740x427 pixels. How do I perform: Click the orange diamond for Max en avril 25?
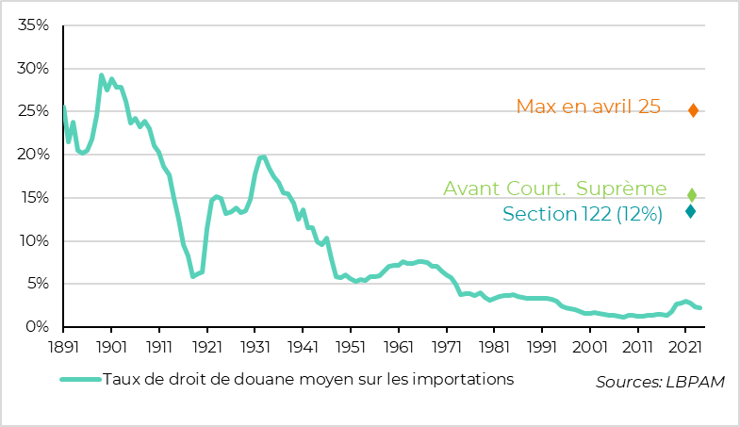click(x=693, y=110)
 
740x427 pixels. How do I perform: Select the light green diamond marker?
click(x=692, y=194)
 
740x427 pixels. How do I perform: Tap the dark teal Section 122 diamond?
click(x=691, y=211)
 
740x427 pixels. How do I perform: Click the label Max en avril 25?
click(x=588, y=107)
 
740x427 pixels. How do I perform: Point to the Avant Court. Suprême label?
click(x=555, y=190)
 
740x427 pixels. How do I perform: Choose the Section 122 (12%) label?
click(x=583, y=214)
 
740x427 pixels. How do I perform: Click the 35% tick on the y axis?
click(x=33, y=25)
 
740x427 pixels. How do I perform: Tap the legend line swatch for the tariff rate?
click(x=79, y=380)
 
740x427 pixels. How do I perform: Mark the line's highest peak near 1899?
click(x=101, y=75)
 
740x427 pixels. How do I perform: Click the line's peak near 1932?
click(x=262, y=156)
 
